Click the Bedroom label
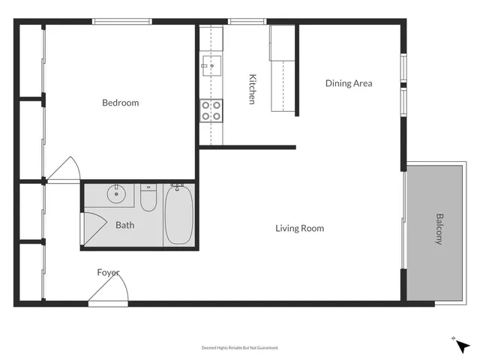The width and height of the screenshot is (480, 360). pyautogui.click(x=121, y=103)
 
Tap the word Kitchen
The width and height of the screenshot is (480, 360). pyautogui.click(x=253, y=88)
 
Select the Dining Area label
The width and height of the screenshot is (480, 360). pyautogui.click(x=348, y=83)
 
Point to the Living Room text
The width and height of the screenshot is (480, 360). pyautogui.click(x=299, y=228)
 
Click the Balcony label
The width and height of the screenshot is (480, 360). pyautogui.click(x=439, y=229)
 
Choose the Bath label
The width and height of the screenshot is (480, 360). pyautogui.click(x=124, y=224)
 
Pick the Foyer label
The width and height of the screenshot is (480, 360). pyautogui.click(x=108, y=272)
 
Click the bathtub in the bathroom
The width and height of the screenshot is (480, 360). pyautogui.click(x=178, y=215)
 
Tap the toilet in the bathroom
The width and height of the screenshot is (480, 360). pyautogui.click(x=148, y=198)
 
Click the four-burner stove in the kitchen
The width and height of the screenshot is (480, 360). pyautogui.click(x=211, y=111)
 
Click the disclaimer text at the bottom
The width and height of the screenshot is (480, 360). pyautogui.click(x=240, y=347)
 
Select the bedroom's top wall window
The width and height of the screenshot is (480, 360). pyautogui.click(x=121, y=22)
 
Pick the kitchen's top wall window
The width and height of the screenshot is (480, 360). pyautogui.click(x=241, y=22)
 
